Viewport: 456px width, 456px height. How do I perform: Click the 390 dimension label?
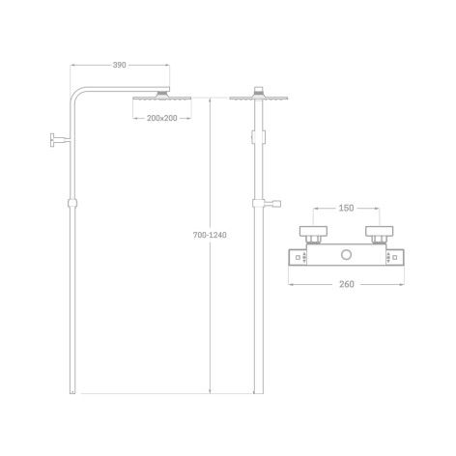click(x=119, y=65)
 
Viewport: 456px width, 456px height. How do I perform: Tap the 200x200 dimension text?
click(x=162, y=118)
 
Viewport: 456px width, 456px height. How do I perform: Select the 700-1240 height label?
click(x=210, y=235)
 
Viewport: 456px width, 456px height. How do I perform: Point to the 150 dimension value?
click(x=346, y=208)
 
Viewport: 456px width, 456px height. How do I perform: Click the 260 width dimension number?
click(x=347, y=284)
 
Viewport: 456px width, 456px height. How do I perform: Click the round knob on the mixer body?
click(x=346, y=255)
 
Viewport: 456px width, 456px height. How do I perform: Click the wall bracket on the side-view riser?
click(x=60, y=139)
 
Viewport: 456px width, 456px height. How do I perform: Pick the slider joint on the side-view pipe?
click(x=72, y=203)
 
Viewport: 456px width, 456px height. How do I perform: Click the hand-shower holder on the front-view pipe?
click(x=267, y=204)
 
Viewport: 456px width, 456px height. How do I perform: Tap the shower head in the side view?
click(x=162, y=97)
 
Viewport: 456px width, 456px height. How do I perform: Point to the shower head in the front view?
click(x=259, y=98)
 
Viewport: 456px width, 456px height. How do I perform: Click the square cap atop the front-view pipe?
click(x=259, y=89)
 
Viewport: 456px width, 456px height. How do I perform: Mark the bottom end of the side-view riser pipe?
click(x=72, y=393)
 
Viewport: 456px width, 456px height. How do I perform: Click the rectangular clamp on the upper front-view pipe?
click(x=259, y=136)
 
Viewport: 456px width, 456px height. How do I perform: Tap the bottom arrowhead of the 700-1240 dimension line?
click(x=210, y=391)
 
